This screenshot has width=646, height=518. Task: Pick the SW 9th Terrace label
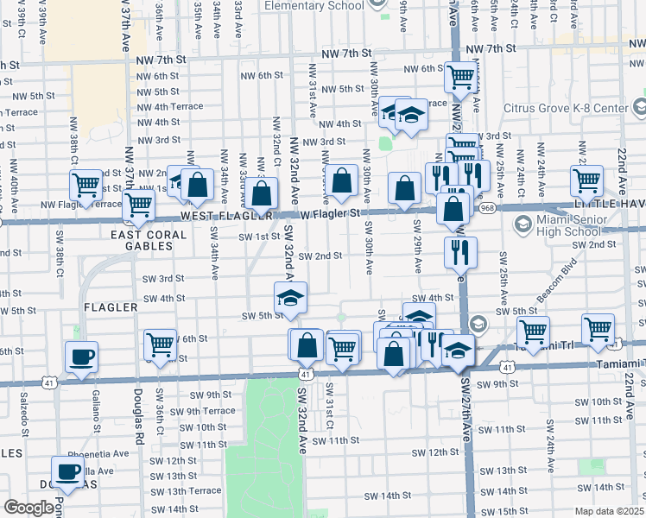tap(200, 411)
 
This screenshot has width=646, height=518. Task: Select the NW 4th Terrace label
tap(169, 107)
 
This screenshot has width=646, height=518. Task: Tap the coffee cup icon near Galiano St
tap(81, 357)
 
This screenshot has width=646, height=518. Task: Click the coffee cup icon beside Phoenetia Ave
tap(68, 471)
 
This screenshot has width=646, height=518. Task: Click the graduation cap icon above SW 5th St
tap(291, 300)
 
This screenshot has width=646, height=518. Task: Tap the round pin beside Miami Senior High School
tap(522, 224)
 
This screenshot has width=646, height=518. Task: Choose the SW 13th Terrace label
tap(169, 490)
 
